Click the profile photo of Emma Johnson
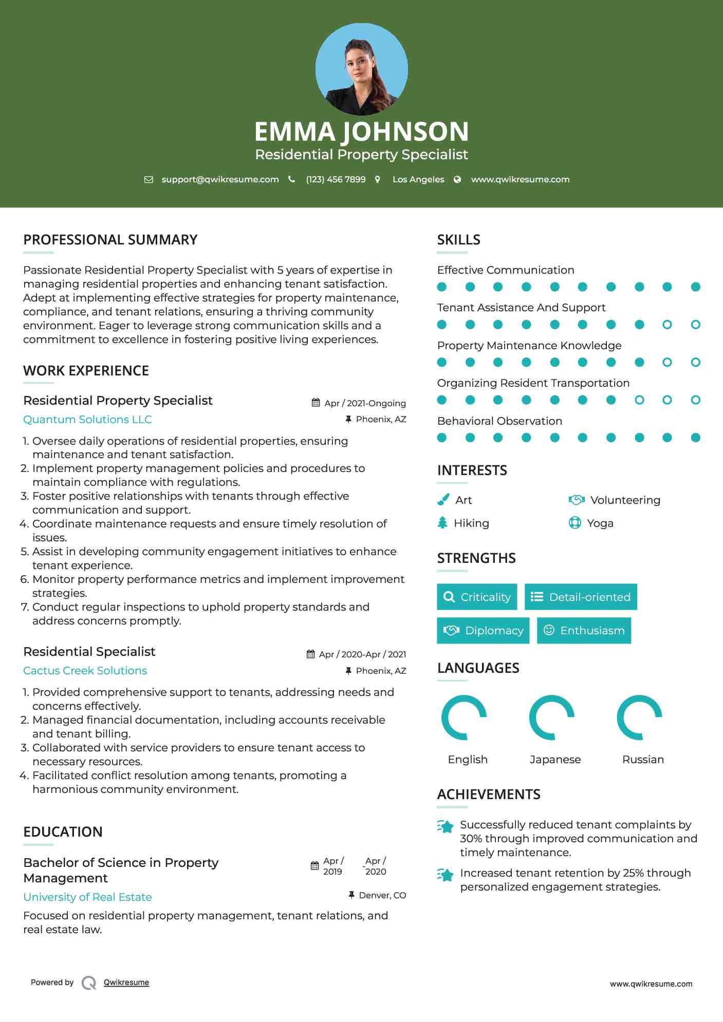[361, 69]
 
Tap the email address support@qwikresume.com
[220, 180]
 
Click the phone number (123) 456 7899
[336, 180]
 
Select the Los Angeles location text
[418, 180]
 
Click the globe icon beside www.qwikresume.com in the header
[457, 180]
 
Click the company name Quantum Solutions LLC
[87, 420]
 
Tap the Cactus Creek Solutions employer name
[85, 671]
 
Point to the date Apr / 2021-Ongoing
[365, 404]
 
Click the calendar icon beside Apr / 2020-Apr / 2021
[310, 654]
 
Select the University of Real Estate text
[87, 897]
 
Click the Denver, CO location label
[382, 896]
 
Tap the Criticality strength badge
[477, 597]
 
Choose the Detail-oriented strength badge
[581, 597]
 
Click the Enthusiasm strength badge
[584, 631]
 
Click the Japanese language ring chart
[552, 717]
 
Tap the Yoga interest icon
[575, 523]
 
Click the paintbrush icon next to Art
[443, 500]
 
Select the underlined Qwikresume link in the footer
[126, 982]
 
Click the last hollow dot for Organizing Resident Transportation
[695, 400]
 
